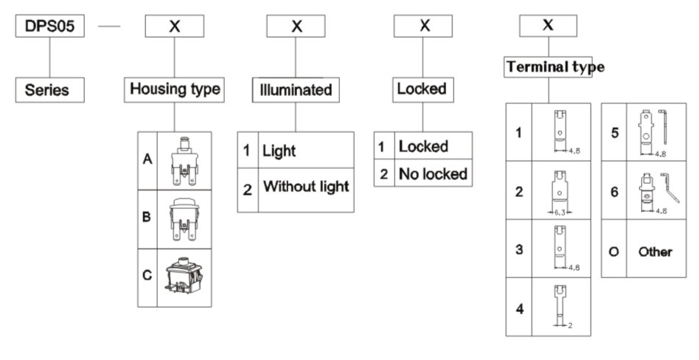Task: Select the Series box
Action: pyautogui.click(x=49, y=90)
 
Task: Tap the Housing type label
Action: pyautogui.click(x=175, y=89)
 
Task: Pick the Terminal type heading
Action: pyautogui.click(x=555, y=67)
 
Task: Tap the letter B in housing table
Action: pyautogui.click(x=147, y=220)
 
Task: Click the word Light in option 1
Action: pyautogui.click(x=279, y=150)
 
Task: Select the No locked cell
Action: pyautogui.click(x=433, y=174)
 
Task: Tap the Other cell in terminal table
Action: pyautogui.click(x=655, y=252)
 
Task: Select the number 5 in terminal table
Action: pyautogui.click(x=614, y=135)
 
